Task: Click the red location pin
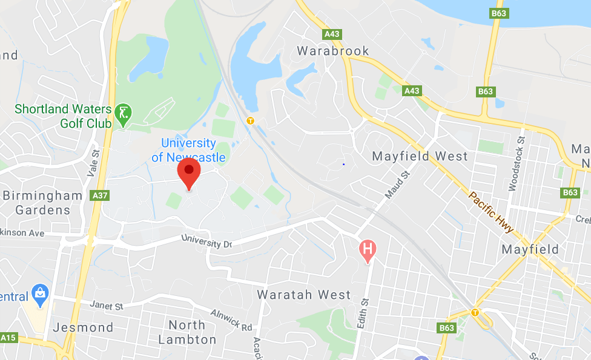(x=189, y=171)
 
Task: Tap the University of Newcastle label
(x=188, y=151)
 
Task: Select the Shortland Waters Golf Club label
(x=63, y=116)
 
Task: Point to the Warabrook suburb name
(x=333, y=51)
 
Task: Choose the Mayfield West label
(x=420, y=156)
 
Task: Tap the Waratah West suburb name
(x=304, y=295)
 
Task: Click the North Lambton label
(x=187, y=332)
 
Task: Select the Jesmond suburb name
(x=84, y=327)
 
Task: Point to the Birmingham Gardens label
(x=42, y=203)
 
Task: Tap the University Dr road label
(x=207, y=240)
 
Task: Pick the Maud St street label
(x=397, y=185)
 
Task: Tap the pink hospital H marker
(x=367, y=248)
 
